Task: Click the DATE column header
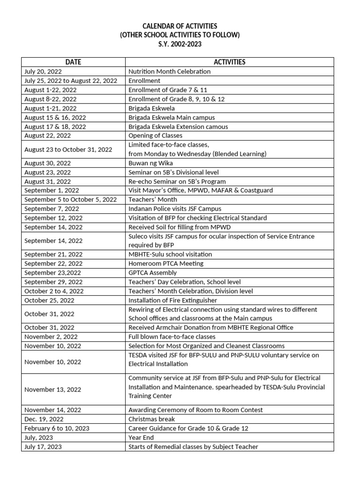pyautogui.click(x=73, y=62)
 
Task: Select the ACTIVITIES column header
pyautogui.click(x=229, y=62)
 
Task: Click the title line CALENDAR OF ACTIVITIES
pyautogui.click(x=180, y=26)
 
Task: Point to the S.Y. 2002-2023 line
pyautogui.click(x=180, y=44)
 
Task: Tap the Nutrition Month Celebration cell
pyautogui.click(x=169, y=71)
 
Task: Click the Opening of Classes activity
pyautogui.click(x=155, y=135)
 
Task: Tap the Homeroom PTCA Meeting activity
pyautogui.click(x=166, y=263)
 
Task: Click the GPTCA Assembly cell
pyautogui.click(x=152, y=273)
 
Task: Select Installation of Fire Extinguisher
pyautogui.click(x=172, y=300)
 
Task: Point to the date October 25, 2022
pyautogui.click(x=49, y=300)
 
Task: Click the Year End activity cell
pyautogui.click(x=139, y=437)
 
